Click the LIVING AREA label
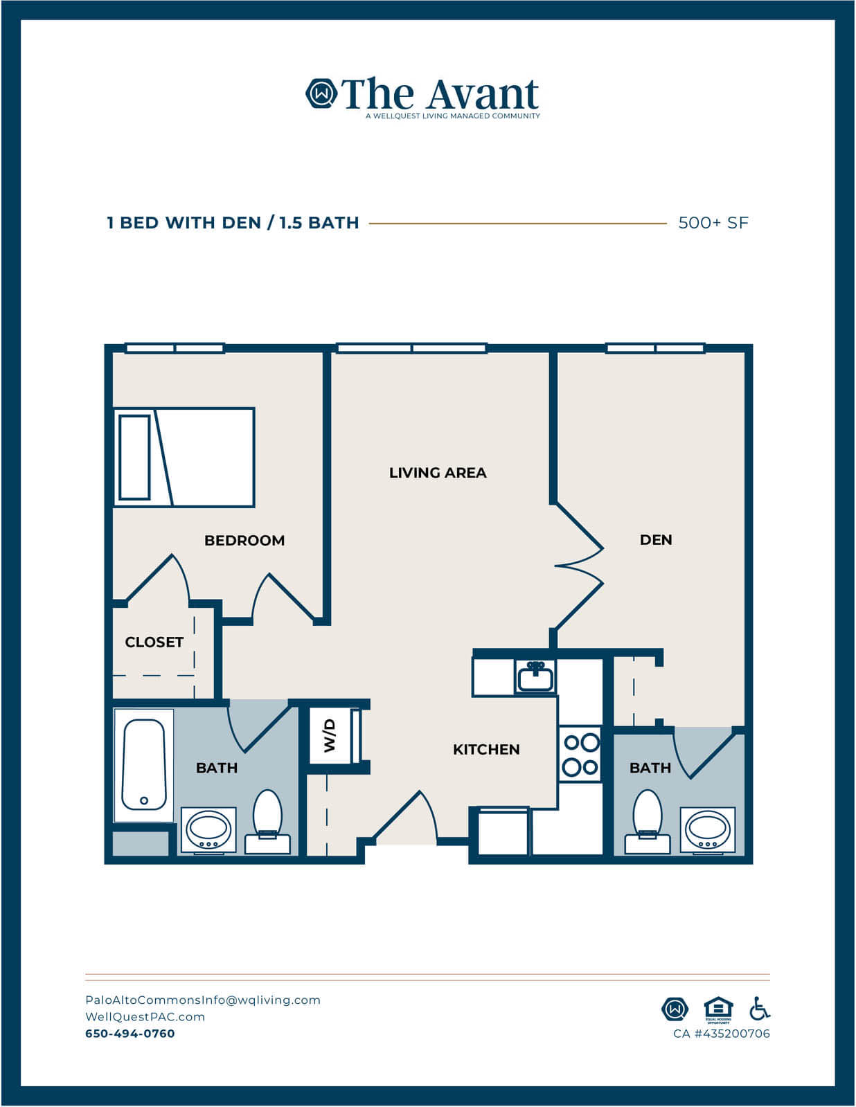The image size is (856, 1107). tap(438, 473)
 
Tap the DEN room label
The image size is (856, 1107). tap(656, 540)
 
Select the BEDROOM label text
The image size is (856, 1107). tap(244, 541)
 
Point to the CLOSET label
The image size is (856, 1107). tap(154, 642)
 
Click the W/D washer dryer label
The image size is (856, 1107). tap(330, 736)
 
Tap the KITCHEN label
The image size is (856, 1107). tap(487, 749)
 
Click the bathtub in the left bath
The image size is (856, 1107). tap(143, 764)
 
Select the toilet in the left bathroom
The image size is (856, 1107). tap(268, 821)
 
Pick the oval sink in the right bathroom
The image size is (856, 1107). tap(707, 829)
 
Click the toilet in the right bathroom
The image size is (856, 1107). tap(647, 821)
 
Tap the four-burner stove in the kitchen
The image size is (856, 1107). tap(580, 755)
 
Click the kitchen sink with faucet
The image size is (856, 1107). tap(535, 676)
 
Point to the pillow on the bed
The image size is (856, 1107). tap(134, 457)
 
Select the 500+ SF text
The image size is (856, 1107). tap(713, 223)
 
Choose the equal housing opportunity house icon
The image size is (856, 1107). tap(718, 1009)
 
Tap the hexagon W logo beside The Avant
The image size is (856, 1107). tap(321, 93)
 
